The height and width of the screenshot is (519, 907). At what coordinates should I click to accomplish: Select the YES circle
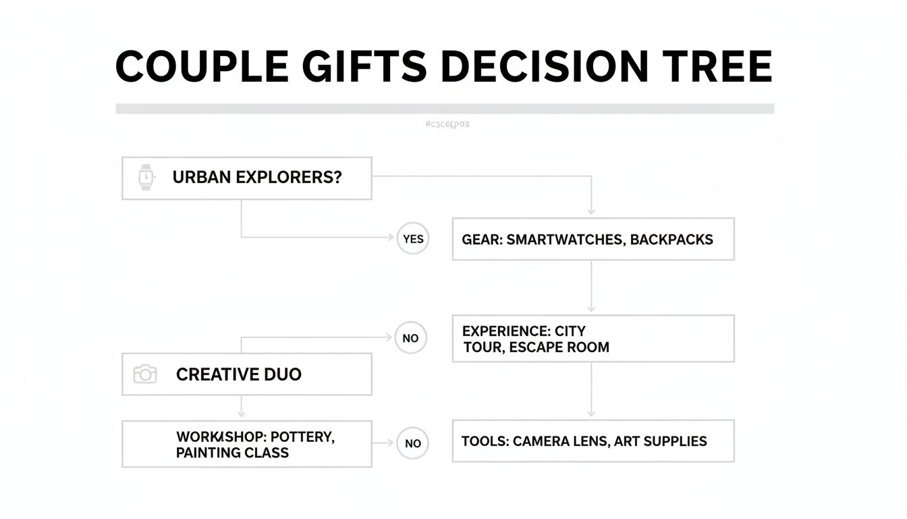click(412, 239)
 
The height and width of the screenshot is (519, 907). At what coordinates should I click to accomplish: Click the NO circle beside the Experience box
click(410, 338)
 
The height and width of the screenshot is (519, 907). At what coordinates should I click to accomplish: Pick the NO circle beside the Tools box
click(412, 443)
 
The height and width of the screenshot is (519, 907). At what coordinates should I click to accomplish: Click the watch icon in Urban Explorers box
click(146, 178)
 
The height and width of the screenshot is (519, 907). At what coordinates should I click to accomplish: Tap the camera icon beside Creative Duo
click(145, 374)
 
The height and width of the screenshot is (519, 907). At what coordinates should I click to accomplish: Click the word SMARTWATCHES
click(566, 239)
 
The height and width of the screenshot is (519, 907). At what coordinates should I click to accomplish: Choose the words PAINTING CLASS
click(232, 453)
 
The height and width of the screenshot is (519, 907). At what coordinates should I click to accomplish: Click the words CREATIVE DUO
click(238, 374)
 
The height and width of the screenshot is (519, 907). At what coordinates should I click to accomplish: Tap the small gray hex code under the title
click(447, 124)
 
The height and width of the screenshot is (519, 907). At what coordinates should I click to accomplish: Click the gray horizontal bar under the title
click(445, 108)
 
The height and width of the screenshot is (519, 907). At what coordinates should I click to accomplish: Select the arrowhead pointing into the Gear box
click(591, 212)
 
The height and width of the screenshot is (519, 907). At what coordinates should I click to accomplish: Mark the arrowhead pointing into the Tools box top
click(591, 413)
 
